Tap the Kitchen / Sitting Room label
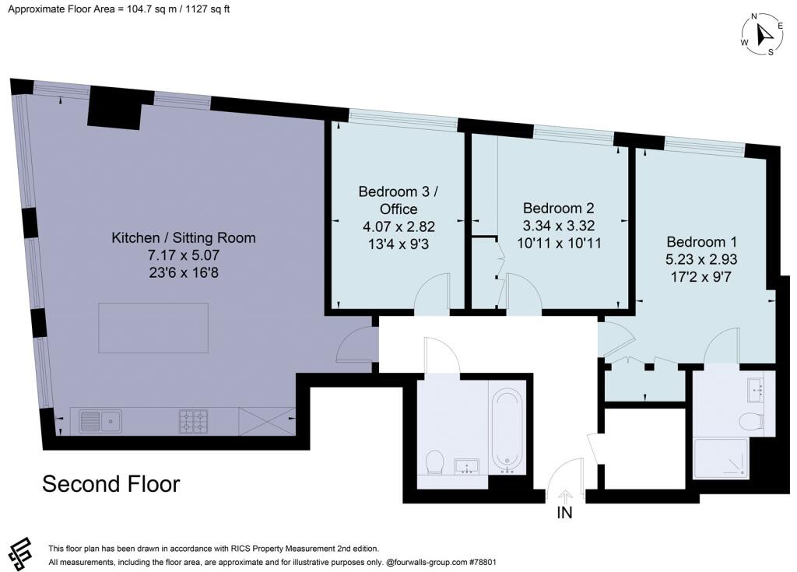coord(184,237)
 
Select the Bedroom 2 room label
coord(559,208)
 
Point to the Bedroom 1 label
coord(701,241)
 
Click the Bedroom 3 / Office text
coord(398,200)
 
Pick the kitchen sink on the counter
coord(100,422)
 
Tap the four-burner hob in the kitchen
coord(194,422)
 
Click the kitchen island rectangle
coord(153,328)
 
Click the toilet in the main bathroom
coord(434,461)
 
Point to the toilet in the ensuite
coord(751,422)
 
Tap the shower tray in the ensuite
coord(722,458)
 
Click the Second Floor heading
coord(111,484)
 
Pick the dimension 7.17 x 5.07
coord(184,254)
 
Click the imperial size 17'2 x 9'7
coord(701,276)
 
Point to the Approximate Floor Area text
coord(119,9)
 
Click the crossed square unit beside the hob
coord(267,422)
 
